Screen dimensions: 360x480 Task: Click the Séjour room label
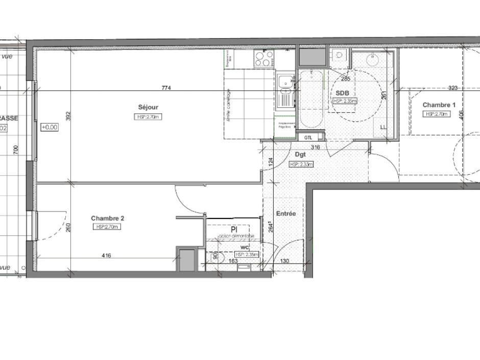148,107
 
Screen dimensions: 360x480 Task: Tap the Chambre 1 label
439,105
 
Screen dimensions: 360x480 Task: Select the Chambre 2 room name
107,218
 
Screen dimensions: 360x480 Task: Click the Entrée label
285,213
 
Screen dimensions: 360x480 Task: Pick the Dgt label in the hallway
300,154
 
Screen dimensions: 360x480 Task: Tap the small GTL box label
308,137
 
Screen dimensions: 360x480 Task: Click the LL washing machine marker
383,127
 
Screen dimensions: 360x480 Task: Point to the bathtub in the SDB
311,100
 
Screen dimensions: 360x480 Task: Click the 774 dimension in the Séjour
166,88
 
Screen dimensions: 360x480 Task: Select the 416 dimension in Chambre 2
106,256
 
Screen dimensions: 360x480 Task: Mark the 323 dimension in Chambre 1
452,88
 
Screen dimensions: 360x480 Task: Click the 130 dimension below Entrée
284,261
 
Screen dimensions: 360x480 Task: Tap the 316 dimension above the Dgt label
316,148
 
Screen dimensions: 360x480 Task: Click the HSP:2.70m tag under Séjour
148,116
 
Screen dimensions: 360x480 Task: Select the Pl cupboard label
234,229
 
